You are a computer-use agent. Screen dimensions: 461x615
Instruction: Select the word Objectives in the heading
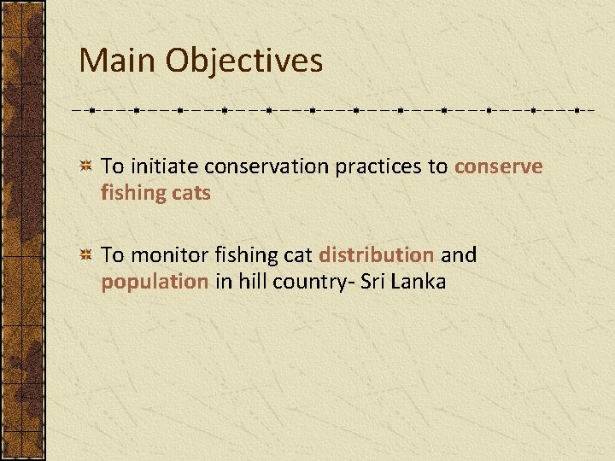(x=244, y=61)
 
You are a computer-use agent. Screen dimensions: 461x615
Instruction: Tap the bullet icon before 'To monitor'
(x=85, y=254)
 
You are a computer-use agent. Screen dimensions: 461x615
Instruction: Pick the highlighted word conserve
(x=498, y=166)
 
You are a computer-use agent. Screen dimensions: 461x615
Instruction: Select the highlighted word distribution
(x=376, y=254)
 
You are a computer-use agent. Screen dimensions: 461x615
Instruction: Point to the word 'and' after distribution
(x=459, y=254)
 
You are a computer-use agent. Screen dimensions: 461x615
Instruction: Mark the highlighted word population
(x=155, y=282)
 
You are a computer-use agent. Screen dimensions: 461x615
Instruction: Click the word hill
(x=248, y=282)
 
